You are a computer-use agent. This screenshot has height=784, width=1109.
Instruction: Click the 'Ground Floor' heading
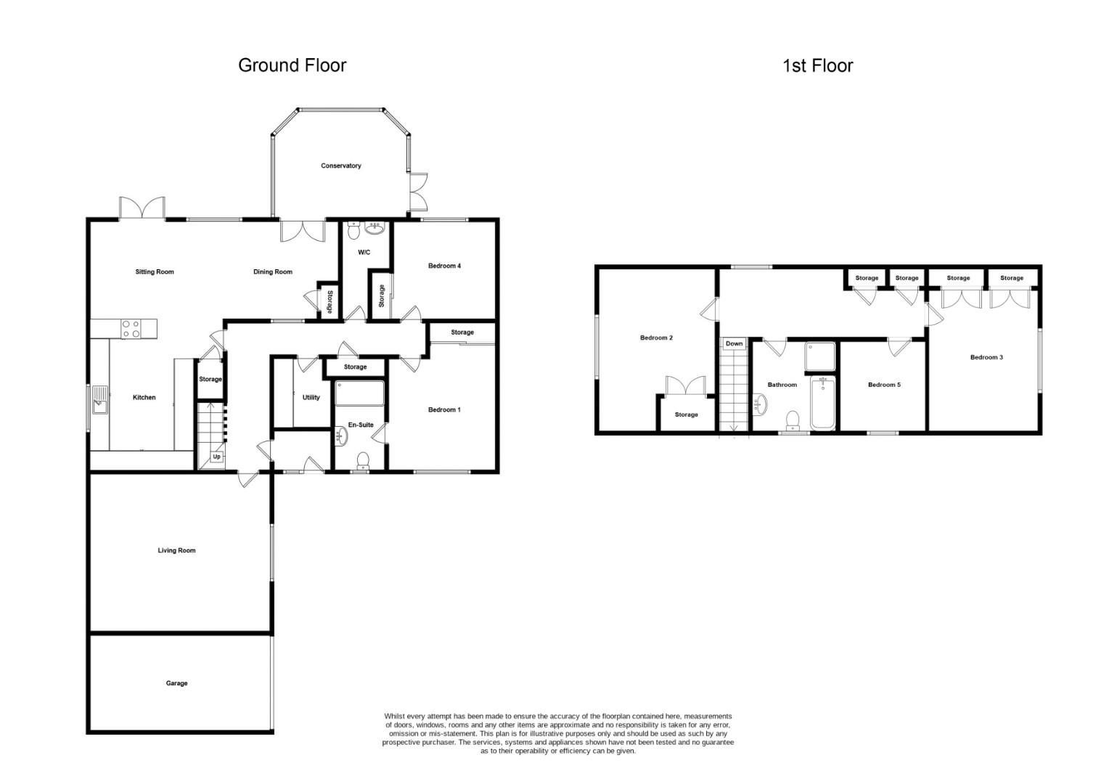292,65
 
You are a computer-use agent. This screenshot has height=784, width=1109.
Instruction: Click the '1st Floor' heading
817,66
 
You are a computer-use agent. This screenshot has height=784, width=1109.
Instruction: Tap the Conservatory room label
341,166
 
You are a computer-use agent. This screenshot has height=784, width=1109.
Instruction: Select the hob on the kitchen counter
131,329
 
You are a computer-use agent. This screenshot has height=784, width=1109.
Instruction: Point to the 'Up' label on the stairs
216,457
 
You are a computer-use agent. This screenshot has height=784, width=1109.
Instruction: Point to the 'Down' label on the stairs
734,343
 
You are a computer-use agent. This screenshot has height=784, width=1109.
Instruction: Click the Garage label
176,683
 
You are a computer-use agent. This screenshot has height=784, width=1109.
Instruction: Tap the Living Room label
176,550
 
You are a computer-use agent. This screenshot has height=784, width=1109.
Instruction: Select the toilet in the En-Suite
363,460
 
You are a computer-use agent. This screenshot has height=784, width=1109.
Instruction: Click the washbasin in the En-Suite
341,436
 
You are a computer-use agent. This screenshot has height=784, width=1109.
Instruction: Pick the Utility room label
311,397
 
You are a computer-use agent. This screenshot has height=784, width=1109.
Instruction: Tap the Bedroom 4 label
444,266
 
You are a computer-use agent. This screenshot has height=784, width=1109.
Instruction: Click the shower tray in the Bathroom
819,356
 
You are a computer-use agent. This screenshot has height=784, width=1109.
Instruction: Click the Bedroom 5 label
884,385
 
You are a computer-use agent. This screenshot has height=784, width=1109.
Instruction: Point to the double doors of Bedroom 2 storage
686,385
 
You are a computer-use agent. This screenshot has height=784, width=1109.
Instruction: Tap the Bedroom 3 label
986,357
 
